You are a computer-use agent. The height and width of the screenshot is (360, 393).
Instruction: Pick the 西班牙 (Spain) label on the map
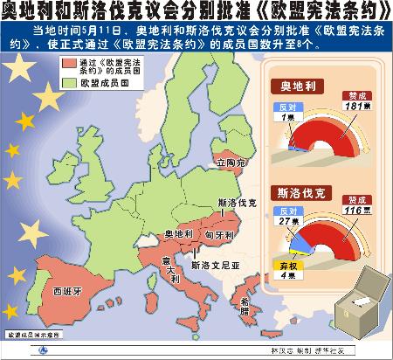tap(67, 292)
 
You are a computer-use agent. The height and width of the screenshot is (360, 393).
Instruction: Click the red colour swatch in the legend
tap(72, 66)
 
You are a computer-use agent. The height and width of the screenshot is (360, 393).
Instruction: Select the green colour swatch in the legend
tap(72, 85)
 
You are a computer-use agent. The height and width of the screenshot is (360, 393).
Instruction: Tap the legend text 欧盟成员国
tap(107, 85)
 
